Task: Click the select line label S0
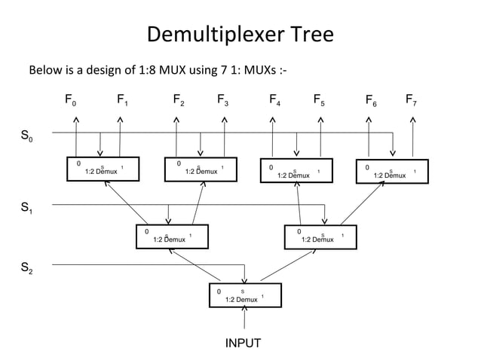(x=26, y=138)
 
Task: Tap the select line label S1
(x=26, y=208)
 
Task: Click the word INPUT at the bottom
(x=244, y=343)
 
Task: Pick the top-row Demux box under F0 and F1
(x=100, y=169)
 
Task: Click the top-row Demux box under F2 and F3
(x=199, y=169)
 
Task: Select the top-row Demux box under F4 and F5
(x=297, y=172)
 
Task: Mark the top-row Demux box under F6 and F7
(x=391, y=172)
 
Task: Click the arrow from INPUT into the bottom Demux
(x=244, y=319)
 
